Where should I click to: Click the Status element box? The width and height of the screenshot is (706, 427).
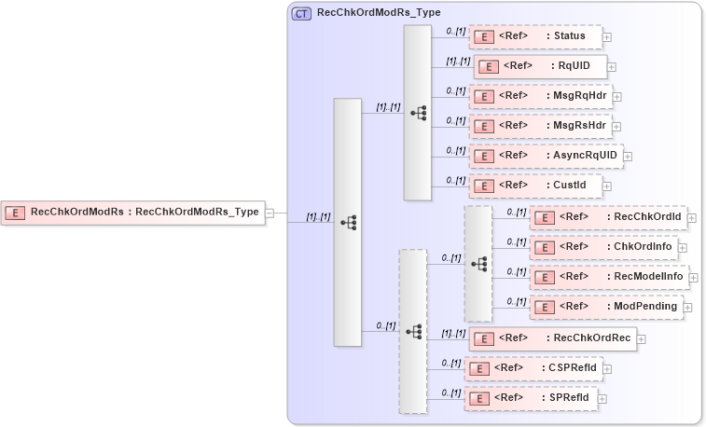pos(534,37)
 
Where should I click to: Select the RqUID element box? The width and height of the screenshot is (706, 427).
pos(541,66)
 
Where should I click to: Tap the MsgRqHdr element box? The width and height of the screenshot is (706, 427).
pos(540,96)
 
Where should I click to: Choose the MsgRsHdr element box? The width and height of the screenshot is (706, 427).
pos(540,126)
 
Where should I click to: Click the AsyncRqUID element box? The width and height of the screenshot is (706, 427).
pos(545,156)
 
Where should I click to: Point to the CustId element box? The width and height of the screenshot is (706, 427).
pos(534,186)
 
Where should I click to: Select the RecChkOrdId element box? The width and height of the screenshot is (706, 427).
pos(608,218)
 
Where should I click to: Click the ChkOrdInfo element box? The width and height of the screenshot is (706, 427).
pos(603,248)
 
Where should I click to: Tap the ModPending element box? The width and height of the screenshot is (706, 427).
pos(606,307)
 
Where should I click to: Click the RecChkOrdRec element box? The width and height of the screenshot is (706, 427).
pos(552,338)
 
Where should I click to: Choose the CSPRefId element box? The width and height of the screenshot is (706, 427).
pos(533,368)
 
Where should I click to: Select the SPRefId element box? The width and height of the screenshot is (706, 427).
pos(530,398)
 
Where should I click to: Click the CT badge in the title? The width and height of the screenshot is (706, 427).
pos(302,13)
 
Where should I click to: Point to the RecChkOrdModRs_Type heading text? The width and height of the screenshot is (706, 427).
pos(379,13)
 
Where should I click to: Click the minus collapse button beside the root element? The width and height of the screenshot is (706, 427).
pos(270,213)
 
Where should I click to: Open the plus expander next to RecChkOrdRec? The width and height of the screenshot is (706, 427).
pos(642,339)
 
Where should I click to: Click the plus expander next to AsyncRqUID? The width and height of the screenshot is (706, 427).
pos(629,157)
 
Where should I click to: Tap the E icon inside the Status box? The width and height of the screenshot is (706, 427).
pos(484,37)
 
